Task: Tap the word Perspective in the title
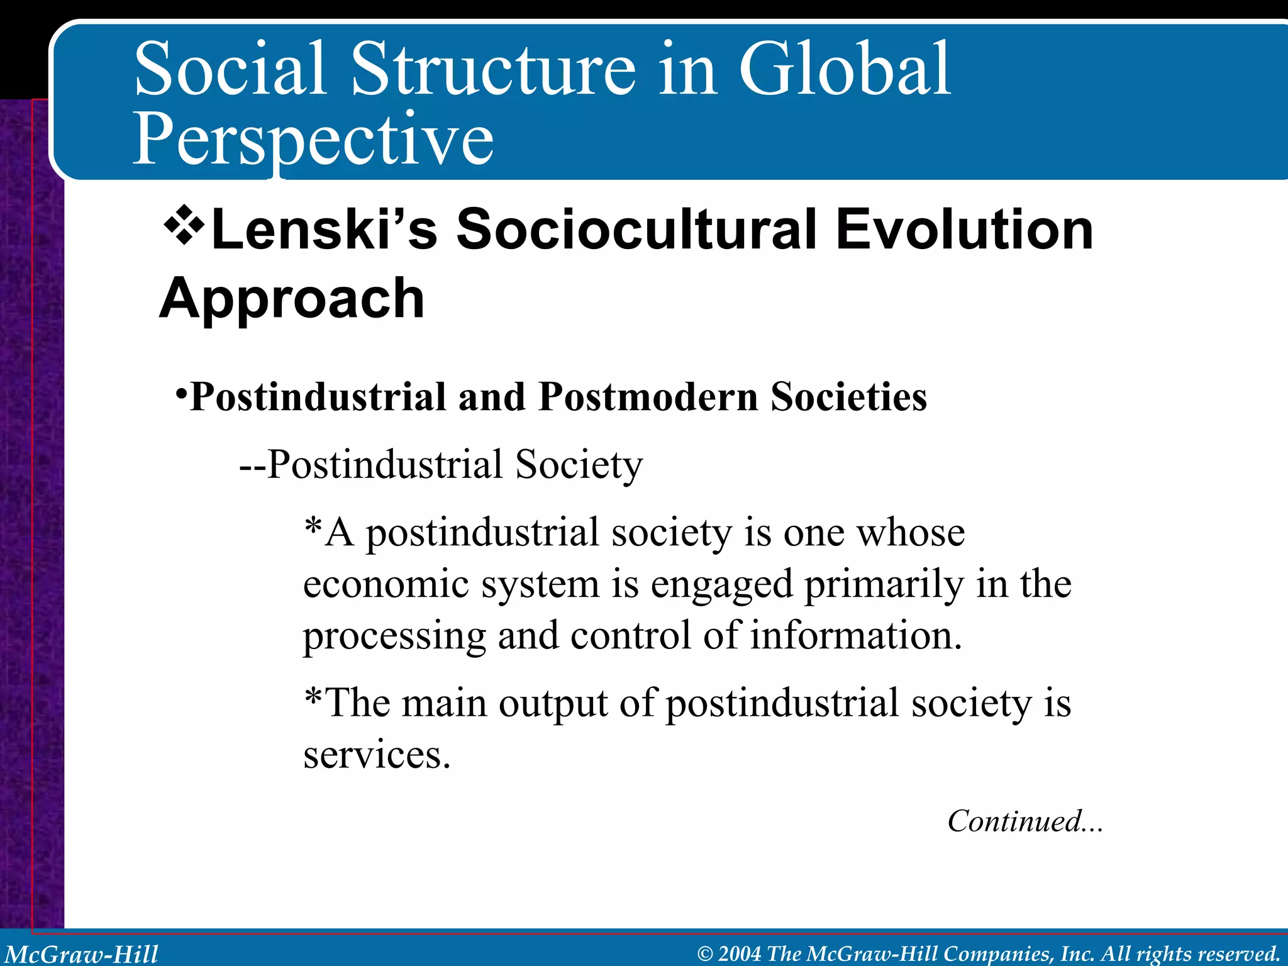(x=313, y=140)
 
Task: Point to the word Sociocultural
(x=636, y=230)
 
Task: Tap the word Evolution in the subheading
(x=964, y=230)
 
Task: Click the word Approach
(x=292, y=299)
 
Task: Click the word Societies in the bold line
(x=848, y=397)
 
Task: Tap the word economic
(x=386, y=585)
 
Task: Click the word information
(x=856, y=636)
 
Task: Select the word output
(x=553, y=703)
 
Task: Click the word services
(x=377, y=755)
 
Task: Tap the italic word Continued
(x=1014, y=821)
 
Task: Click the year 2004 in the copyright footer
(x=739, y=954)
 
